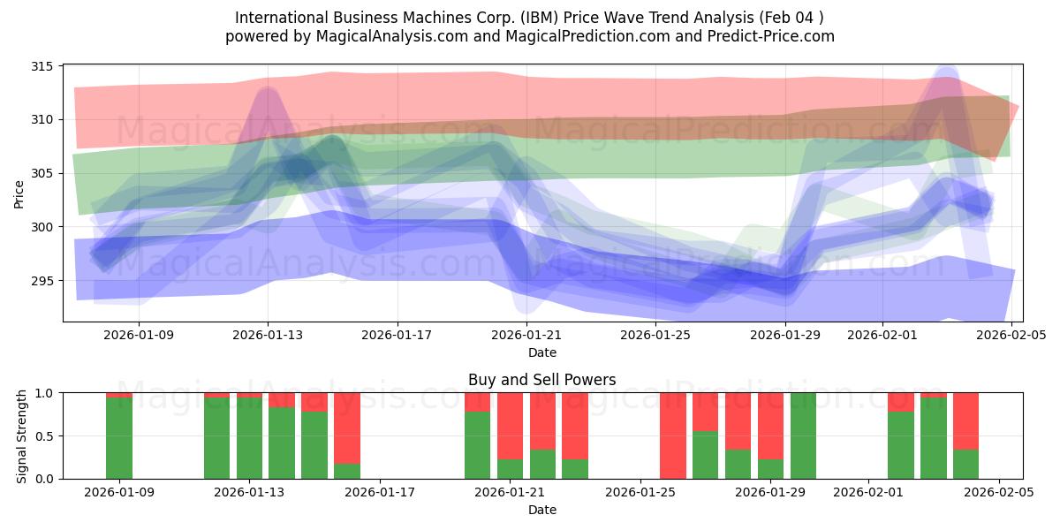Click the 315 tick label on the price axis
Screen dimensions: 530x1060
tap(42, 66)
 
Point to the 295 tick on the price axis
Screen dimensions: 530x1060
tap(42, 281)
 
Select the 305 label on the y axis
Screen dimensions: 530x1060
tap(42, 173)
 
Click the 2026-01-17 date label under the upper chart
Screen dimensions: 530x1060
tap(397, 335)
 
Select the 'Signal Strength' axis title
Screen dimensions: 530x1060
tap(22, 435)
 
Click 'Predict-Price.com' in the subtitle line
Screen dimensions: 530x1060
tap(767, 36)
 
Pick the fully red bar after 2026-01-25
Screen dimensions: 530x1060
tap(672, 435)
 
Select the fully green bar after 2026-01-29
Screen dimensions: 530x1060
tap(803, 435)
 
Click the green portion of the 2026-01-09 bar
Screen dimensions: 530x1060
tap(119, 439)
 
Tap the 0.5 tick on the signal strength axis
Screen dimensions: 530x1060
tap(43, 435)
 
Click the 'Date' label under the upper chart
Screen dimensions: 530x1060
tap(542, 352)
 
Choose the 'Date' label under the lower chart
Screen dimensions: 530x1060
tap(542, 510)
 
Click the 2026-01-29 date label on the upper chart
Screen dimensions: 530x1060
tap(786, 335)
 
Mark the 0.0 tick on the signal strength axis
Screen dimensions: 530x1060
tap(43, 479)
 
